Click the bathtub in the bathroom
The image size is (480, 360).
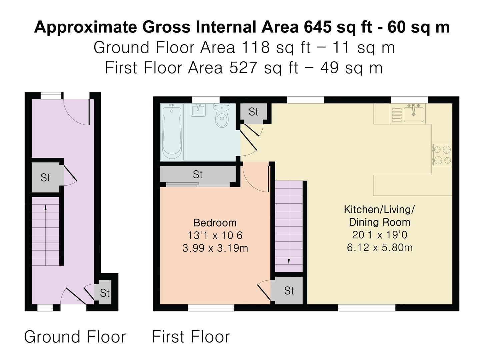click(x=172, y=132)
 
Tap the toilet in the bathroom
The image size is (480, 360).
click(x=222, y=115)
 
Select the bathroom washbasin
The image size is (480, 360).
click(x=198, y=110)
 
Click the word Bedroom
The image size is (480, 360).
click(x=215, y=223)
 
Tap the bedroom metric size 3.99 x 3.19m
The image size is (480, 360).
click(x=215, y=248)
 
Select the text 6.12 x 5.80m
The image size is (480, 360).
click(x=380, y=248)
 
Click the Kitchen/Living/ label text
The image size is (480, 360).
click(x=379, y=209)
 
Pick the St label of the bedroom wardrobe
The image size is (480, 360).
click(x=198, y=174)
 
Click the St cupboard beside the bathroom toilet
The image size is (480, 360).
click(x=254, y=112)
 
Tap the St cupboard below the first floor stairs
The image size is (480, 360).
click(x=289, y=290)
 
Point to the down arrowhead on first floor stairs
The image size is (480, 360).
click(x=289, y=262)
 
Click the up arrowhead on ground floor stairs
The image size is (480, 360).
click(x=45, y=207)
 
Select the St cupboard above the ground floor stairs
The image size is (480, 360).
click(x=45, y=177)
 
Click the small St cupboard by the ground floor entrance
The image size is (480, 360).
click(x=105, y=293)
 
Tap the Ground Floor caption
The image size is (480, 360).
click(x=75, y=337)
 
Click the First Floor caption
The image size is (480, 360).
click(x=191, y=337)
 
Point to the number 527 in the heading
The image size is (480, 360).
click(x=243, y=68)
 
